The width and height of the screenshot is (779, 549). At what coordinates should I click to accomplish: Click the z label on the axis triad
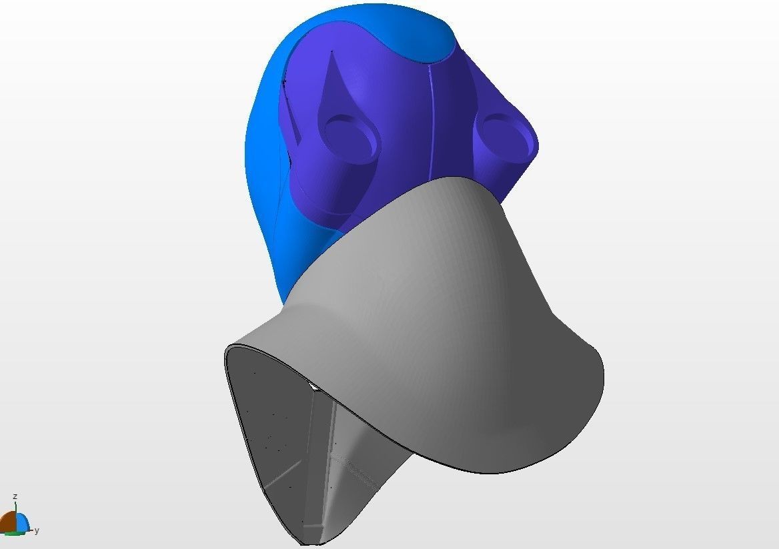[x=15, y=497]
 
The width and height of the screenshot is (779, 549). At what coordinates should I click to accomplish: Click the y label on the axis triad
[x=37, y=530]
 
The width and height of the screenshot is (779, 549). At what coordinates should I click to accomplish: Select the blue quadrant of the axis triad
[x=22, y=523]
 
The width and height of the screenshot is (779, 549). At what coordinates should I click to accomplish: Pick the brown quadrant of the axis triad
[x=9, y=522]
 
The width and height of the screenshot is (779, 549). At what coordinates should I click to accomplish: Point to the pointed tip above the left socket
[x=332, y=53]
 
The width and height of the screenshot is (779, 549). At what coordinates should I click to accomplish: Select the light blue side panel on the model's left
[x=263, y=167]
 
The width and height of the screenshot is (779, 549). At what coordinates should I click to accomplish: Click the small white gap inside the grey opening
[x=313, y=386]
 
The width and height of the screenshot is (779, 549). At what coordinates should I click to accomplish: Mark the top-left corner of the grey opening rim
[x=229, y=349]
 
